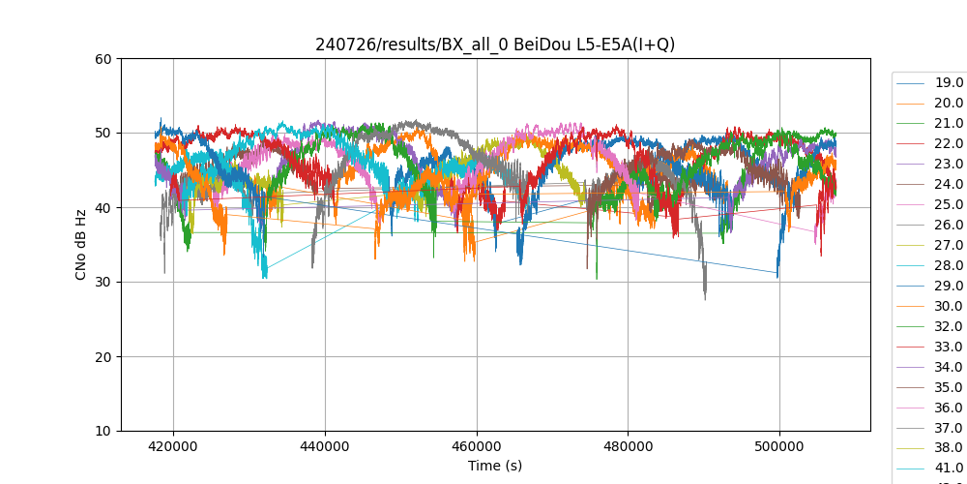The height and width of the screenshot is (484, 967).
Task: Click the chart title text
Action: point(495,45)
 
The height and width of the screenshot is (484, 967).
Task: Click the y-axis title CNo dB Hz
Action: point(81,245)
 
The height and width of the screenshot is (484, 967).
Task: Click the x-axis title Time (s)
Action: point(495,466)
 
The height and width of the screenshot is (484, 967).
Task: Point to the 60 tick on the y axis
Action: point(102,58)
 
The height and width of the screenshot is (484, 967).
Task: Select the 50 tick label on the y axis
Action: point(102,133)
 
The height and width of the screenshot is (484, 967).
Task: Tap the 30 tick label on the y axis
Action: point(102,282)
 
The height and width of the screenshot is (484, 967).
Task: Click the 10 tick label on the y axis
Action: point(102,431)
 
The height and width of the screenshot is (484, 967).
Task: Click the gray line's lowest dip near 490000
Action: point(705,297)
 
